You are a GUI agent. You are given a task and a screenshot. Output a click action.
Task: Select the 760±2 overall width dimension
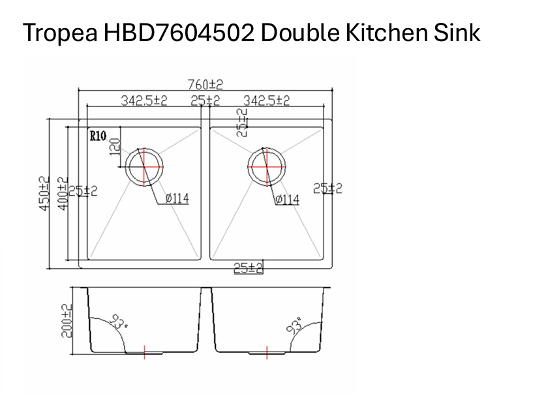[x=205, y=84]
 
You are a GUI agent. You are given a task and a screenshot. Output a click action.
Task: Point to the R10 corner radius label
[x=98, y=136]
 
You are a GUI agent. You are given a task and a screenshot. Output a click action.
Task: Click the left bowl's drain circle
[x=143, y=166]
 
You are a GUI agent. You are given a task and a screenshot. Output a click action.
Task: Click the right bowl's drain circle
[x=266, y=166]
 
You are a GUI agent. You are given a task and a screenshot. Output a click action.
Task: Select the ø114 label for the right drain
[x=287, y=200]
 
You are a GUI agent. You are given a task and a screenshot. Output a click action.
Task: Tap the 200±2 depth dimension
[x=67, y=320]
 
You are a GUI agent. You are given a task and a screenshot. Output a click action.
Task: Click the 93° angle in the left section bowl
[x=118, y=322]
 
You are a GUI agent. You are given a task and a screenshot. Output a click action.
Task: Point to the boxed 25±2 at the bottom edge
[x=248, y=267]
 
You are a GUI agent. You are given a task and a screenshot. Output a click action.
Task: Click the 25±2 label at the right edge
[x=327, y=189]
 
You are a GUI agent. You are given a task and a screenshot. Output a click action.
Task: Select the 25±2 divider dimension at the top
[x=205, y=101]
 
